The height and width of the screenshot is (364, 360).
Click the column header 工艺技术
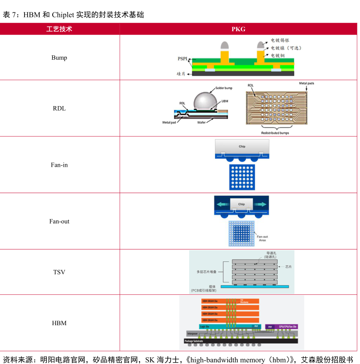point(59,29)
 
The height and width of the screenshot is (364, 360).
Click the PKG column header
point(238,29)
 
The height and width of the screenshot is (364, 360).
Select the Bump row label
point(59,58)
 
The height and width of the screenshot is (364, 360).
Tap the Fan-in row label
point(59,165)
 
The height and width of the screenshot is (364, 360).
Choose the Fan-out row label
point(59,221)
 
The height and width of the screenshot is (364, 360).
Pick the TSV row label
point(59,272)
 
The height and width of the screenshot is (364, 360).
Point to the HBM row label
point(59,323)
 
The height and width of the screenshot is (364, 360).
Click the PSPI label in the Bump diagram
point(182,59)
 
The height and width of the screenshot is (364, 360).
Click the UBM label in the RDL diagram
point(225,101)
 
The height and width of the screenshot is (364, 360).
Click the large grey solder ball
point(204,99)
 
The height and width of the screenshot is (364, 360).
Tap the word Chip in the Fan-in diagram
point(242,146)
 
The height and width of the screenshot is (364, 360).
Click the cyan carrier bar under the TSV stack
point(255,286)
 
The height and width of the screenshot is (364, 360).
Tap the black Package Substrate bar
point(241,341)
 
